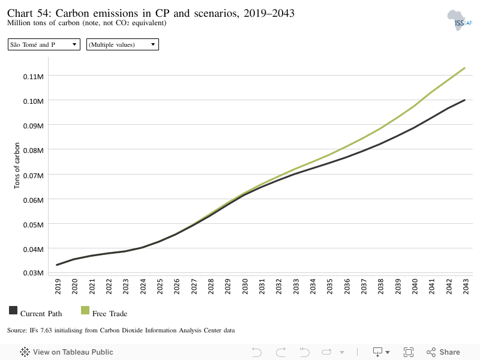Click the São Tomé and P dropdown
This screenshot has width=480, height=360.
(x=44, y=44)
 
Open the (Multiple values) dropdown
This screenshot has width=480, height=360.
(x=122, y=44)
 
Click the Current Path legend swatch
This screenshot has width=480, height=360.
(x=13, y=310)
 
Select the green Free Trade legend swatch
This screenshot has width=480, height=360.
(x=85, y=310)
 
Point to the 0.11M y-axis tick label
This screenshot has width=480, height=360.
(x=33, y=77)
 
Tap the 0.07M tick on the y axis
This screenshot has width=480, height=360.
(x=33, y=175)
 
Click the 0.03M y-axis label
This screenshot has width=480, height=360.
(x=33, y=273)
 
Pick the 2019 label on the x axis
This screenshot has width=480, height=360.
(x=58, y=286)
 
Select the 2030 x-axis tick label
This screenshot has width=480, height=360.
(x=245, y=286)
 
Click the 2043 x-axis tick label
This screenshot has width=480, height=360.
(x=466, y=286)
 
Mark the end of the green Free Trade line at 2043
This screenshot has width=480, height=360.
(x=464, y=68)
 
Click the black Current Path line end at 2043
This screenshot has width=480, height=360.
(x=464, y=100)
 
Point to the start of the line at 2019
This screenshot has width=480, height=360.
(x=57, y=265)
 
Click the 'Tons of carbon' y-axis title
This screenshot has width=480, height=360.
(x=17, y=166)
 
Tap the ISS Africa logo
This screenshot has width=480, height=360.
(x=459, y=20)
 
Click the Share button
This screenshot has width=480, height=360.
(x=443, y=352)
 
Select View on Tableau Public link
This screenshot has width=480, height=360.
(x=67, y=352)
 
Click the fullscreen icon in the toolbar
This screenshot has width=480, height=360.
(x=409, y=352)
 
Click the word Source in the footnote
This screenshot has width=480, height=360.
(x=17, y=331)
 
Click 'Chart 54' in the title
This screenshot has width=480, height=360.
(x=29, y=13)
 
